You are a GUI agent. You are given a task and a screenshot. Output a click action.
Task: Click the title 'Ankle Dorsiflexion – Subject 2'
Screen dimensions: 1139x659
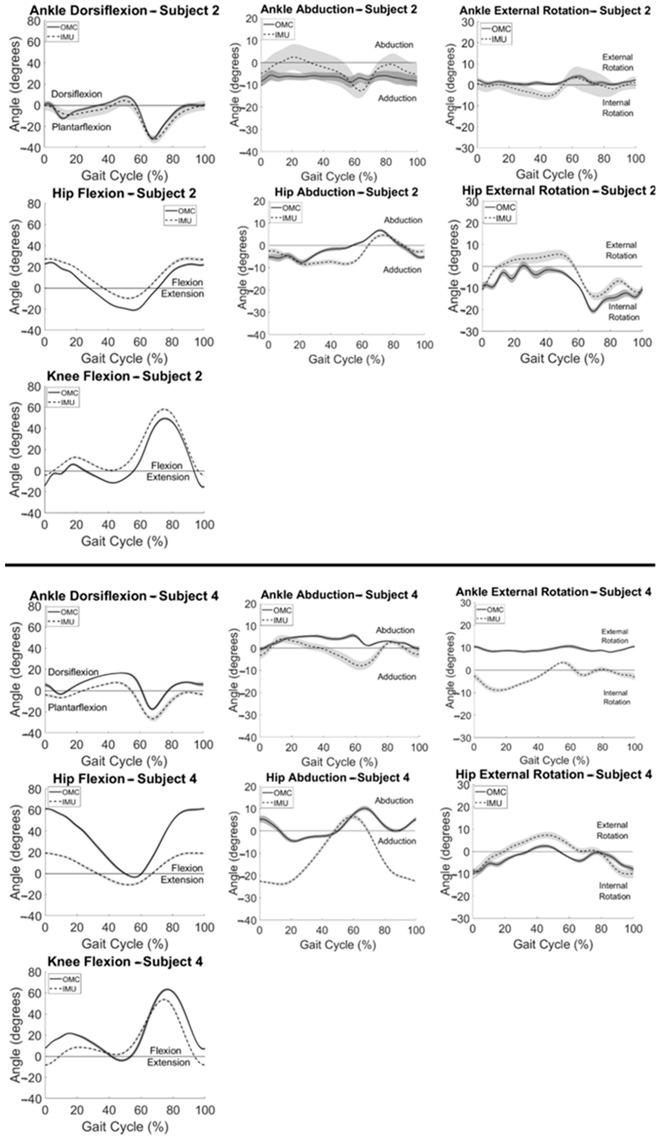(125, 10)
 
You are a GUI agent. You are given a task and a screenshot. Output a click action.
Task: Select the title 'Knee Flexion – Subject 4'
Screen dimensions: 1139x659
(125, 961)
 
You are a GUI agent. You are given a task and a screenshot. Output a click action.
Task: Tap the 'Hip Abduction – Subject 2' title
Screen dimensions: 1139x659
(346, 192)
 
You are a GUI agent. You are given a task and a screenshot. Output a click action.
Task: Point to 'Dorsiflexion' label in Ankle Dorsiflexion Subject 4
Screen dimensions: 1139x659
(73, 672)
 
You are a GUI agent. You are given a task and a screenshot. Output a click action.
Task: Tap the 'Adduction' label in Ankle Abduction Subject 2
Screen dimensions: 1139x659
(397, 98)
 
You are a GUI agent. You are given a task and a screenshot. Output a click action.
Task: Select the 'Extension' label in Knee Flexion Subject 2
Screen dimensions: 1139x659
(168, 477)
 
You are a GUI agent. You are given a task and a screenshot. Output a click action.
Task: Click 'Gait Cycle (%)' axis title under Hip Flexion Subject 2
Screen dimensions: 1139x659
(124, 358)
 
